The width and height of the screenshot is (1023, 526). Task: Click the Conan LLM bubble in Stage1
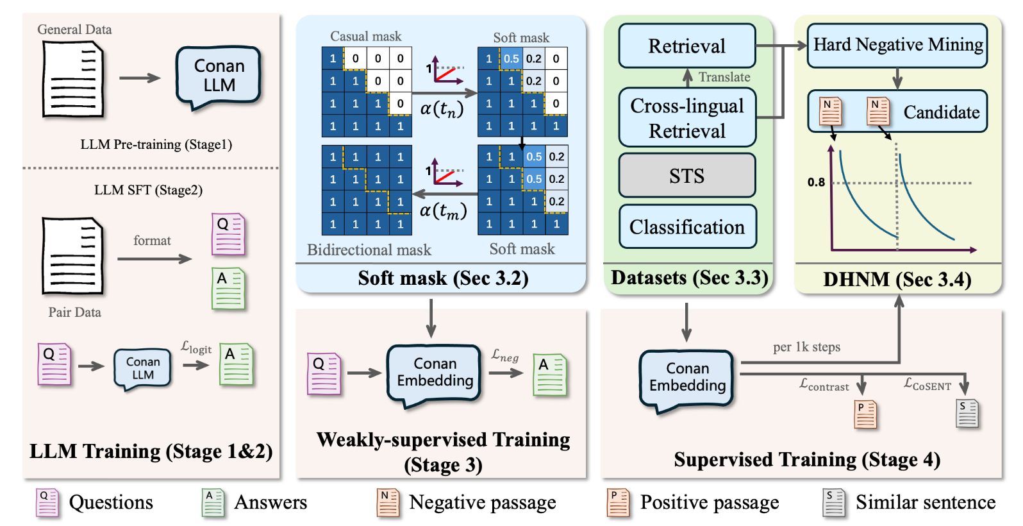(219, 76)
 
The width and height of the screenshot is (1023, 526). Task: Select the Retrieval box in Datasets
(686, 46)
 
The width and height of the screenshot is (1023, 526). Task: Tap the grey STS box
(686, 176)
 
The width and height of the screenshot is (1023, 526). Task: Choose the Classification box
(686, 227)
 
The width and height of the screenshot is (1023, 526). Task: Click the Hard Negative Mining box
(897, 45)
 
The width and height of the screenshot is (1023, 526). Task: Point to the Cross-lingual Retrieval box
(686, 118)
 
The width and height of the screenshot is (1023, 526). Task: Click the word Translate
(724, 77)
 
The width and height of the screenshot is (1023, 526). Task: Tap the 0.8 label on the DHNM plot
(816, 182)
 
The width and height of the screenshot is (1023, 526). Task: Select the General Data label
(74, 30)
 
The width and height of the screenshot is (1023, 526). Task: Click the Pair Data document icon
(72, 256)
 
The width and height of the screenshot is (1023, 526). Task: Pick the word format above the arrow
(152, 241)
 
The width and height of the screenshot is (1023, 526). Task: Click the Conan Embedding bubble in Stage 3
(435, 373)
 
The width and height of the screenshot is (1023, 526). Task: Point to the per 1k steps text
(806, 347)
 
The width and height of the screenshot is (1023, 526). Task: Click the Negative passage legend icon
(388, 502)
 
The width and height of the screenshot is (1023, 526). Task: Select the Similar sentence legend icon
(834, 502)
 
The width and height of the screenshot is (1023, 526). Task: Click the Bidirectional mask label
(369, 250)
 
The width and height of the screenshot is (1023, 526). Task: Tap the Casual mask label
(365, 37)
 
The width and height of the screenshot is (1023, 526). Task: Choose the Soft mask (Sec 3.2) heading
(443, 278)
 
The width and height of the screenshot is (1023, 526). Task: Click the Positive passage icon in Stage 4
(865, 414)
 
